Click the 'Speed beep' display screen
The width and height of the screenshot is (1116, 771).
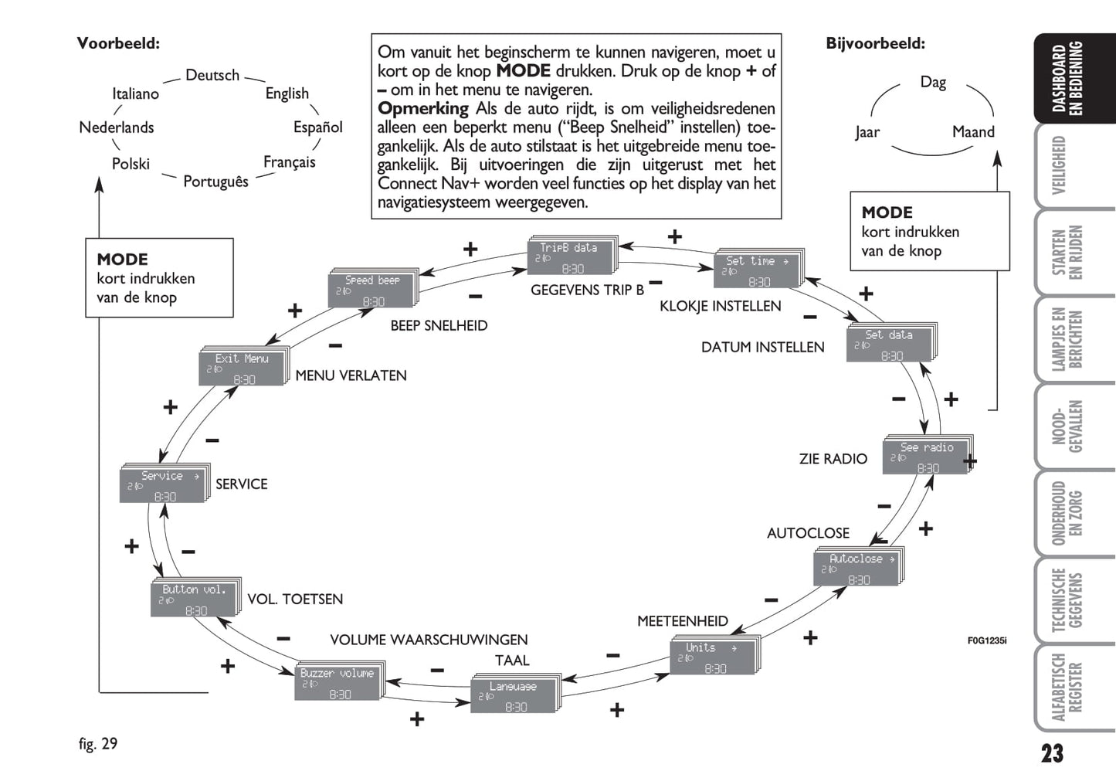pyautogui.click(x=372, y=290)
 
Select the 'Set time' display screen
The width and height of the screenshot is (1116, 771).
pyautogui.click(x=758, y=270)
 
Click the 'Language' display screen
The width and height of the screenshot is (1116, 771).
pyautogui.click(x=514, y=695)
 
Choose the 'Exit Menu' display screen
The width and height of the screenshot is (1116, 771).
pyautogui.click(x=243, y=368)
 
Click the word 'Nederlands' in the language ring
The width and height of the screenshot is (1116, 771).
pyautogui.click(x=117, y=127)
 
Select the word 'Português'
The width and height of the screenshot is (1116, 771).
pyautogui.click(x=215, y=182)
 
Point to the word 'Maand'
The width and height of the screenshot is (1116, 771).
pyautogui.click(x=973, y=132)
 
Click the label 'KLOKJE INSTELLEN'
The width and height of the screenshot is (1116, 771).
pyautogui.click(x=720, y=306)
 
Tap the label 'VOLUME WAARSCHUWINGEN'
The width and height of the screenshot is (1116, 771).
pyautogui.click(x=429, y=640)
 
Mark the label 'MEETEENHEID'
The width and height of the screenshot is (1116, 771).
pyautogui.click(x=682, y=621)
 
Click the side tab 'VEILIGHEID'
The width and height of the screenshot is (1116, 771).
pyautogui.click(x=1060, y=165)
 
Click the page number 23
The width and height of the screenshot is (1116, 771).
pyautogui.click(x=1052, y=752)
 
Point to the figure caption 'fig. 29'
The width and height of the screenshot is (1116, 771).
pyautogui.click(x=98, y=743)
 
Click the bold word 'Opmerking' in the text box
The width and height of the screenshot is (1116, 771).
pyautogui.click(x=423, y=108)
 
